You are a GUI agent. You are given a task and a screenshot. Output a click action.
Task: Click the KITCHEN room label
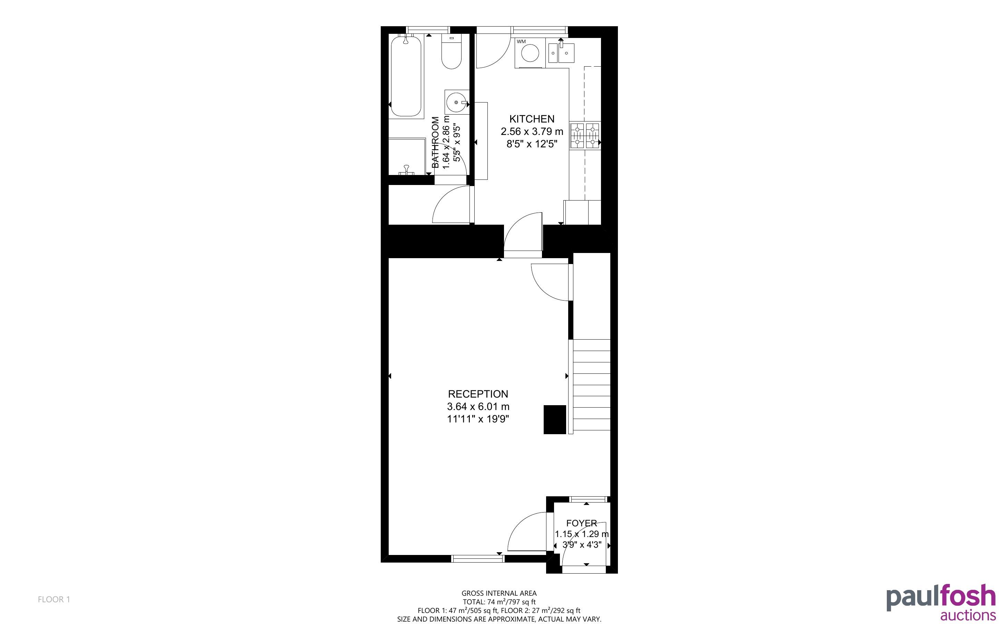pyautogui.click(x=532, y=119)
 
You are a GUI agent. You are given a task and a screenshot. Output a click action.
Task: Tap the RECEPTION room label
pyautogui.click(x=478, y=394)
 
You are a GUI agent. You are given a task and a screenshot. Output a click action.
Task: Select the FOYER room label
pyautogui.click(x=581, y=523)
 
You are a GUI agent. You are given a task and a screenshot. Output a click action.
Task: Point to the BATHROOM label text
pyautogui.click(x=435, y=143)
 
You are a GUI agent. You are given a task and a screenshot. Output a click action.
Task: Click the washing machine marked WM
pyautogui.click(x=530, y=53)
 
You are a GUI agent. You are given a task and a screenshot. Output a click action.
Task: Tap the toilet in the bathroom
pyautogui.click(x=452, y=51)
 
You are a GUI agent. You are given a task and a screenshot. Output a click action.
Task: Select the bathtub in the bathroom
pyautogui.click(x=406, y=77)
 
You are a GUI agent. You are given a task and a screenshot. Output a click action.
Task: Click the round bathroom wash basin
pyautogui.click(x=457, y=102)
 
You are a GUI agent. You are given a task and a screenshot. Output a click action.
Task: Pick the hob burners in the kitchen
pyautogui.click(x=585, y=136)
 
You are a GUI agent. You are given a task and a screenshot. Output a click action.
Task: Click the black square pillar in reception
pyautogui.click(x=555, y=419)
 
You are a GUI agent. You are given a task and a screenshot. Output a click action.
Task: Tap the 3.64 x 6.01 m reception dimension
pyautogui.click(x=478, y=407)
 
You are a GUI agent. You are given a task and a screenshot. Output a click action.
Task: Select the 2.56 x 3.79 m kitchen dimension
pyautogui.click(x=532, y=131)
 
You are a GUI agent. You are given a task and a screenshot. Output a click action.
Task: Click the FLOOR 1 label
pyautogui.click(x=54, y=599)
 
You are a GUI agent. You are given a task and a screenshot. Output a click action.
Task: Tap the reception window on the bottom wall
pyautogui.click(x=478, y=559)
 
